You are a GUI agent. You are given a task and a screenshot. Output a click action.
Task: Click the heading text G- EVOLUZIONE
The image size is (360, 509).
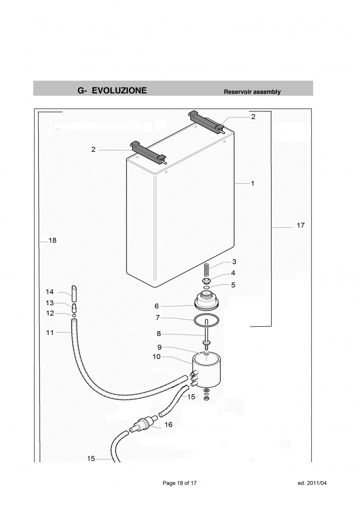point(112,91)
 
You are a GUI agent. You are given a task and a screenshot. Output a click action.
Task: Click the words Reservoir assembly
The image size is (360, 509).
point(252,92)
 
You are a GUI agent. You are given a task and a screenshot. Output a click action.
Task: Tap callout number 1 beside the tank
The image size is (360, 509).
point(252,183)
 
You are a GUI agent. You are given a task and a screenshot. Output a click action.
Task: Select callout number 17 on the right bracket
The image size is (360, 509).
point(300,225)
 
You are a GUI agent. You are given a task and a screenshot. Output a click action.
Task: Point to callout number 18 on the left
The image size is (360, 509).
point(52,240)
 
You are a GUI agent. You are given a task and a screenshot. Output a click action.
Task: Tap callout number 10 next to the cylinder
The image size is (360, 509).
point(157,357)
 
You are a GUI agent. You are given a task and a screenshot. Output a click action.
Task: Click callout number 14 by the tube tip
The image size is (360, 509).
point(50,291)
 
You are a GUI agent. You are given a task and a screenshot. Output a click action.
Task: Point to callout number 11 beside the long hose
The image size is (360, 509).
point(50,333)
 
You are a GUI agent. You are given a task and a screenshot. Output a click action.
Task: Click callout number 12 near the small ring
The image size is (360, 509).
point(50,313)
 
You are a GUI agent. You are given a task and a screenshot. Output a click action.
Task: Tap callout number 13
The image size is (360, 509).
point(50,303)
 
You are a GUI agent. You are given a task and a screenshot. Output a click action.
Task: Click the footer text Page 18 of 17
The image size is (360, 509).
point(180,483)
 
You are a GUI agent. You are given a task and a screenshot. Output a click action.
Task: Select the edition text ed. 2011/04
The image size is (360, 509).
point(311,483)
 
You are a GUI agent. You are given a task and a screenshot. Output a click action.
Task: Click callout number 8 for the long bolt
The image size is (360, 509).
point(159,334)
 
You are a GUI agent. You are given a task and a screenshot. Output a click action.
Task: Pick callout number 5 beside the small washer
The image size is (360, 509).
point(233,285)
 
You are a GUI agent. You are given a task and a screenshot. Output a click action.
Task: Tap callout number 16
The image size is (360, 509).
point(168,425)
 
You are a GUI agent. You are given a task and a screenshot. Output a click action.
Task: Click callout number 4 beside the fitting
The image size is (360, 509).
point(233,273)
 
